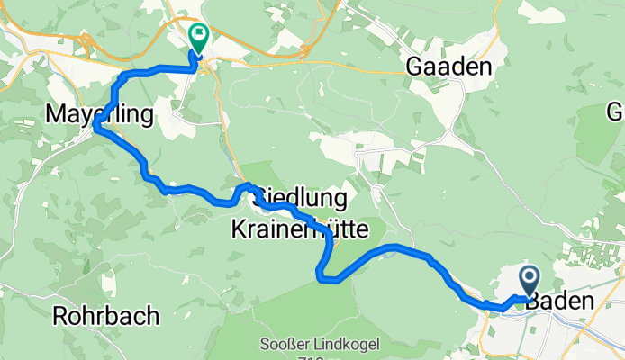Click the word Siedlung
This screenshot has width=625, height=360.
point(302,197)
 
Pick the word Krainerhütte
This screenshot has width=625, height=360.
point(302,229)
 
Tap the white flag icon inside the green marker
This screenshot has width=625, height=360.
point(198,36)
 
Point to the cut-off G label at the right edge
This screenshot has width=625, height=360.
point(616,112)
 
